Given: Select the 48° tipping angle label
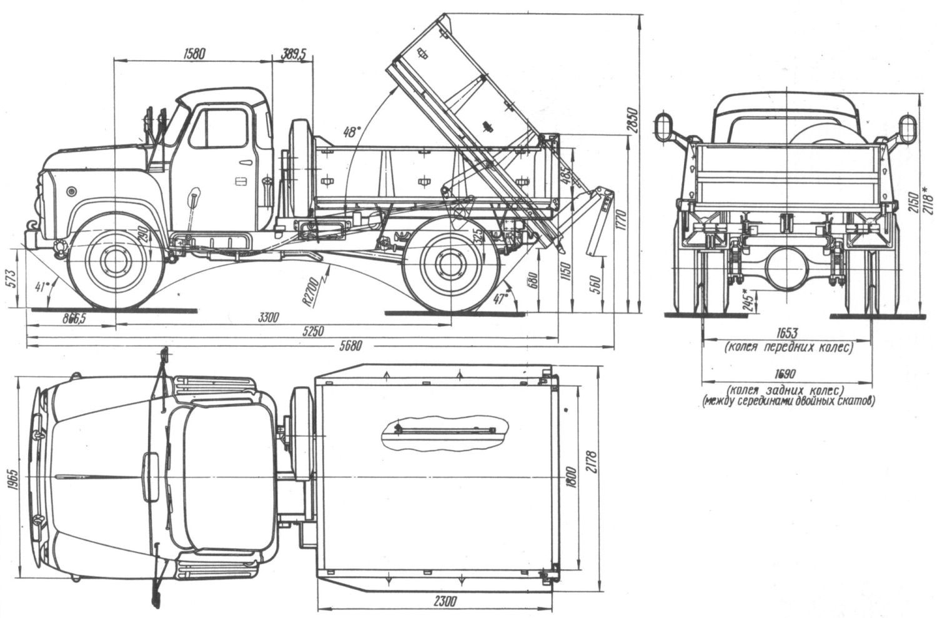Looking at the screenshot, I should click(352, 132).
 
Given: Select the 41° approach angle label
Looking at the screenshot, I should click(42, 287).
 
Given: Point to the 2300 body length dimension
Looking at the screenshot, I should click(444, 601).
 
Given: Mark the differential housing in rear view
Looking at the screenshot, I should click(788, 265).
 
